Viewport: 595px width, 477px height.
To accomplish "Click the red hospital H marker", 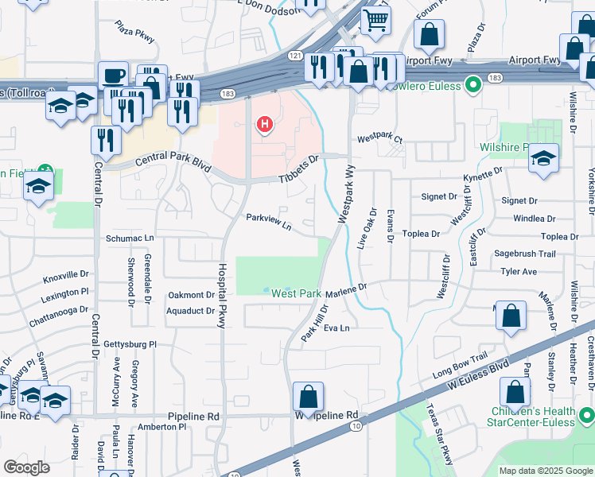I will point(264,125).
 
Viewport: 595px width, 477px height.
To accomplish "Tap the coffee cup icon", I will point(113,76).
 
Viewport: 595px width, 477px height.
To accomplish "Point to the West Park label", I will point(296,293).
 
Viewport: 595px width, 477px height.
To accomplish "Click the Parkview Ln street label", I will point(269,221).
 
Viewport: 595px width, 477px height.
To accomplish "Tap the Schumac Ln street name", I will point(129,238).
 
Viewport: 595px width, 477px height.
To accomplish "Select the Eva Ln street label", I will point(336,328).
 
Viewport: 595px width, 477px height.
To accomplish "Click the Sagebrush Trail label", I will point(524,254).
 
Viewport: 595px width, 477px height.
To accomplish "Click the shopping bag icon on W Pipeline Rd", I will point(308,396).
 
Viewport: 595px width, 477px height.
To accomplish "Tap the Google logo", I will point(27,467).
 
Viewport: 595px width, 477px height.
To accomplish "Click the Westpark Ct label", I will point(380,138).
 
